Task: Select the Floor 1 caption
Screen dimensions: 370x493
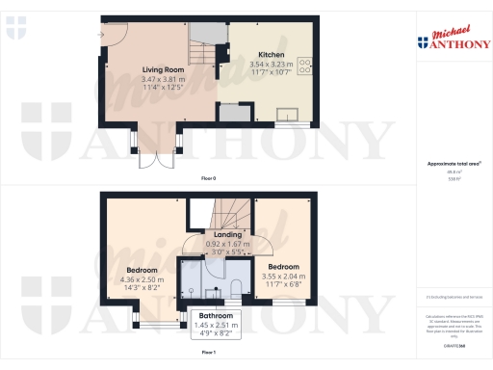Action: pyautogui.click(x=208, y=355)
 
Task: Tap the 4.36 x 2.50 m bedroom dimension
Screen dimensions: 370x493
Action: pyautogui.click(x=143, y=279)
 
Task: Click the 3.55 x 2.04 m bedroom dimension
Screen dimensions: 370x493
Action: pyautogui.click(x=283, y=276)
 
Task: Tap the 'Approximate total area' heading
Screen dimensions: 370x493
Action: pyautogui.click(x=452, y=163)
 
